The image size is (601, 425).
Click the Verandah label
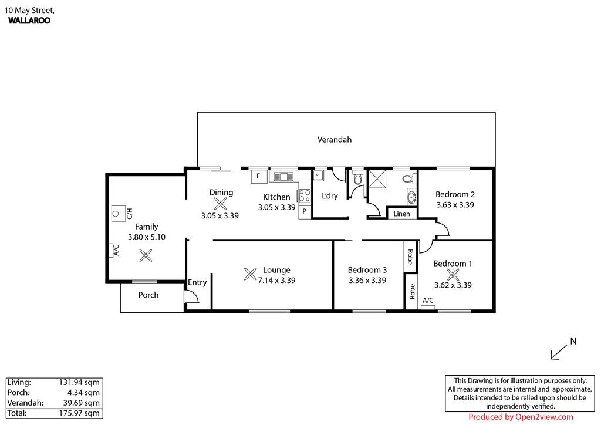334,140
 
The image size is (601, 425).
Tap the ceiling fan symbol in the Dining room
221,204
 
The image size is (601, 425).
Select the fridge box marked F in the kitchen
259,176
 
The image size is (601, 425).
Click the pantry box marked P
305,211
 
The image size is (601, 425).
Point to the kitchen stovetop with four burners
305,195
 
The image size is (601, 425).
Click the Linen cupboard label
401,214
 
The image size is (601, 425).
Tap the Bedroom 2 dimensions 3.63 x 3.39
455,205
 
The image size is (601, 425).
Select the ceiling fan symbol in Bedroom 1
453,275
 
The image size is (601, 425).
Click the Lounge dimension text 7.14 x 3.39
276,280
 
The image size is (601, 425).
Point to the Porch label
148,295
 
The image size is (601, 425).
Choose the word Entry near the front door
197,282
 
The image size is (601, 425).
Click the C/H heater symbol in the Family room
119,214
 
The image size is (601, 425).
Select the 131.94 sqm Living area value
79,382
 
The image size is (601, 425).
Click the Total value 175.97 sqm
79,413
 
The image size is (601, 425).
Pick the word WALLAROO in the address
29,21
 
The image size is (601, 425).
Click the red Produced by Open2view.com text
521,417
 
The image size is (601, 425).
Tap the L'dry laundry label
329,196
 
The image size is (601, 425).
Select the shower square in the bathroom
377,179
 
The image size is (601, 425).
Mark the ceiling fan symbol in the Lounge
250,274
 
